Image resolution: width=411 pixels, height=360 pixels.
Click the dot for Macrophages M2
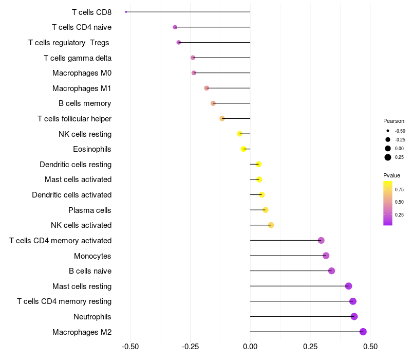363,332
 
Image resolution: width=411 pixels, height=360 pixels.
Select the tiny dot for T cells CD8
126,12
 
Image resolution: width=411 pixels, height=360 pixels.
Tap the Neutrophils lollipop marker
354,316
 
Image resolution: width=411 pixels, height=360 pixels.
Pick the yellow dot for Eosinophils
244,149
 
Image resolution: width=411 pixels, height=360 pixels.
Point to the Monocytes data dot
326,256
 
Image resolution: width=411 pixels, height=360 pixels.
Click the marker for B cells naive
331,271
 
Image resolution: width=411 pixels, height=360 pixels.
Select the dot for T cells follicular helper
222,119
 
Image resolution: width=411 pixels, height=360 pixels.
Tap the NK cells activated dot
271,225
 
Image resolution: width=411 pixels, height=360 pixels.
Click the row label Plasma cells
90,210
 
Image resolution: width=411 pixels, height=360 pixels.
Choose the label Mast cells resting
82,286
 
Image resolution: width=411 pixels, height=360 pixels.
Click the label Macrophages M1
82,88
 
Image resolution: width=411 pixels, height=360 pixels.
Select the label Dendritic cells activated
71,195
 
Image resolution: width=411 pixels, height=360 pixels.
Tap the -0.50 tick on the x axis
129,347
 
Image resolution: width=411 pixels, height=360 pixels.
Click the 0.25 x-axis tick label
310,347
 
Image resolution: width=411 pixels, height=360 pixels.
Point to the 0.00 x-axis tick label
250,347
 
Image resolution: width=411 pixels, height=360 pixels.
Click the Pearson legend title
394,121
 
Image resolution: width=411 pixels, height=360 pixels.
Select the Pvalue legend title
391,175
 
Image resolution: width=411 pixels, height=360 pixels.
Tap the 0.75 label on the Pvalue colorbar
399,189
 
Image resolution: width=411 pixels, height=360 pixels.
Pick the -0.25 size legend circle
388,139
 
